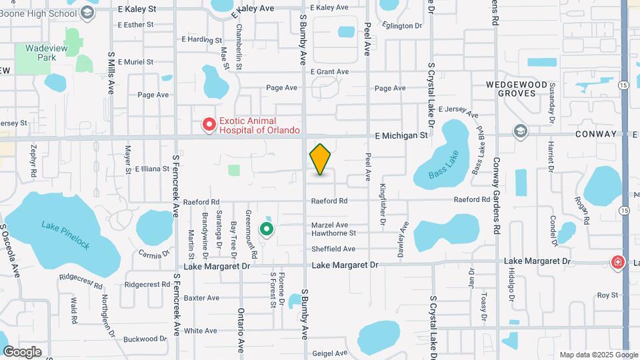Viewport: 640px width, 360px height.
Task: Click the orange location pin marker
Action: [320, 159]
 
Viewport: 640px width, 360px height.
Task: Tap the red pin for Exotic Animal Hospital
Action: [209, 125]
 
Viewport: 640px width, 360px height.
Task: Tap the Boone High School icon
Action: [87, 13]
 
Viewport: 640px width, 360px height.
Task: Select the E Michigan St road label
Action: [401, 135]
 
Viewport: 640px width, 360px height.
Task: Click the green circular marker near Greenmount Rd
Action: [267, 230]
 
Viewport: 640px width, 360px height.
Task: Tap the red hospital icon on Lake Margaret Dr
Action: [618, 262]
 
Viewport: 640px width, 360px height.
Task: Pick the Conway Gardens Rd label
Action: [497, 194]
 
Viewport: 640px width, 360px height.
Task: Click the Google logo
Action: [22, 351]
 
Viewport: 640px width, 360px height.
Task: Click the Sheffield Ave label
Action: [333, 249]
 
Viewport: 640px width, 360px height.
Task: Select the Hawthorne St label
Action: [333, 233]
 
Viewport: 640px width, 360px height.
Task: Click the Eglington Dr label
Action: [402, 26]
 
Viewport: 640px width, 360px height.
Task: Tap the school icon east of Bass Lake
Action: [519, 131]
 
